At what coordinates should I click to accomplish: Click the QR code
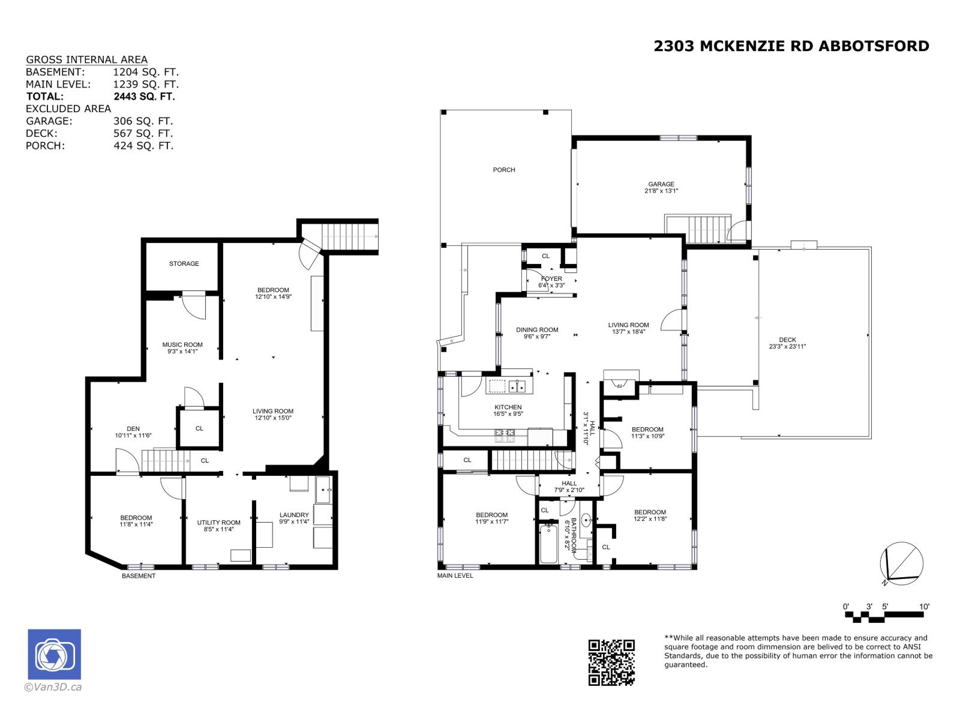pyautogui.click(x=611, y=662)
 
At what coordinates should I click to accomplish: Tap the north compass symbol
pyautogui.click(x=901, y=563)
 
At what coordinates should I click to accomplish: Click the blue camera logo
pyautogui.click(x=54, y=654)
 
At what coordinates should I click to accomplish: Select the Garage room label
pyautogui.click(x=661, y=184)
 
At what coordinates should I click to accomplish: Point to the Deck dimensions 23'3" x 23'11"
pyautogui.click(x=787, y=346)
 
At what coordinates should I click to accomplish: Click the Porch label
pyautogui.click(x=504, y=170)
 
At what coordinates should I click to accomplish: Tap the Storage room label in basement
pyautogui.click(x=184, y=263)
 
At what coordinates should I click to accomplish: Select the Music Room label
pyautogui.click(x=182, y=344)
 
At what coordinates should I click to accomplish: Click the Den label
pyautogui.click(x=133, y=429)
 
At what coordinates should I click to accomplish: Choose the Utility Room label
pyautogui.click(x=218, y=523)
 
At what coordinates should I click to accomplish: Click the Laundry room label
pyautogui.click(x=294, y=515)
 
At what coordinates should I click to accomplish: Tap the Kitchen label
pyautogui.click(x=508, y=407)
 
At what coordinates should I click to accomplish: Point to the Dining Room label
pyautogui.click(x=537, y=329)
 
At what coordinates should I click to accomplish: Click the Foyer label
pyautogui.click(x=551, y=278)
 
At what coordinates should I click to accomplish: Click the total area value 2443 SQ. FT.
pyautogui.click(x=144, y=96)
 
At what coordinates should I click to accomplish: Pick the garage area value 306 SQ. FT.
pyautogui.click(x=143, y=121)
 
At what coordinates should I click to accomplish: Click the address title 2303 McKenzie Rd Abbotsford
pyautogui.click(x=791, y=46)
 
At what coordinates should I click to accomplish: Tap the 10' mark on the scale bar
pyautogui.click(x=924, y=607)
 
